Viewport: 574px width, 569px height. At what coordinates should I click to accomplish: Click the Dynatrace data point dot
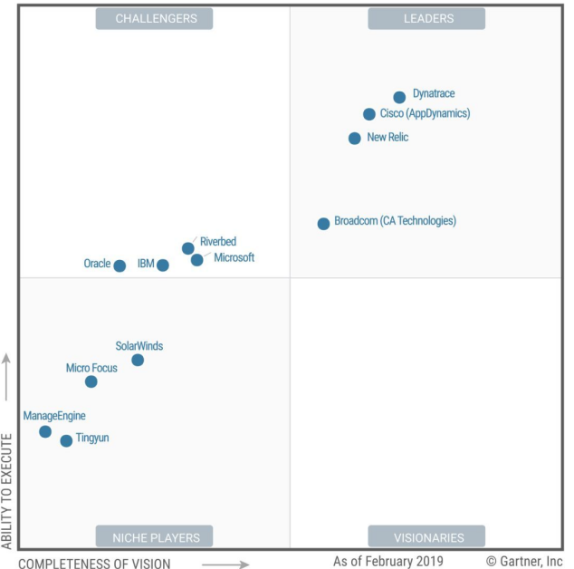399,97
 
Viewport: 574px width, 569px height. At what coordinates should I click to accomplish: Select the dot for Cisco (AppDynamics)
369,114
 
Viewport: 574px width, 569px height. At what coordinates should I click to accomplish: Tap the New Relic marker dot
355,139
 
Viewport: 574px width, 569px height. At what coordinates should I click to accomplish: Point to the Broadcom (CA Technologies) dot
323,224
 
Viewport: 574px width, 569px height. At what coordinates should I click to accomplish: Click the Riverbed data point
187,248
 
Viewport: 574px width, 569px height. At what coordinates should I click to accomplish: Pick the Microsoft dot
197,260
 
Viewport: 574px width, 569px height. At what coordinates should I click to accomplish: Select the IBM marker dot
163,265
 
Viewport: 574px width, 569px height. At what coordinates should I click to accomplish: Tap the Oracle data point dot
120,265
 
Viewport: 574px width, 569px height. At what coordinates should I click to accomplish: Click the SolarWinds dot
138,360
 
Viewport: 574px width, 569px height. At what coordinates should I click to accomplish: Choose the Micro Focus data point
91,381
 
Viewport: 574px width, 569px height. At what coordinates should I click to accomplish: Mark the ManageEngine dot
45,431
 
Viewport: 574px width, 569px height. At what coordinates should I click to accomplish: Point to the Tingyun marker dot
66,441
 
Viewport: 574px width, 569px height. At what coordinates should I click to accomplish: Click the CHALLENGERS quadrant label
154,18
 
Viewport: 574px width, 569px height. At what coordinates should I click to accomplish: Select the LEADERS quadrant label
426,18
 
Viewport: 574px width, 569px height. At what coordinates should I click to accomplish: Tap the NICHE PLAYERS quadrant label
154,536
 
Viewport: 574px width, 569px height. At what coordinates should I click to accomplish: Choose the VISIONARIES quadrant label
426,536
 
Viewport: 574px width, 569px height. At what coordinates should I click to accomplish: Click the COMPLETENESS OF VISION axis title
94,564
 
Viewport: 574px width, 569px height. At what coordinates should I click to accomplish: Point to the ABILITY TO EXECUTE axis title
7,490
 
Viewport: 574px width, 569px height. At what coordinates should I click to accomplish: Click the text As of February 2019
388,562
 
